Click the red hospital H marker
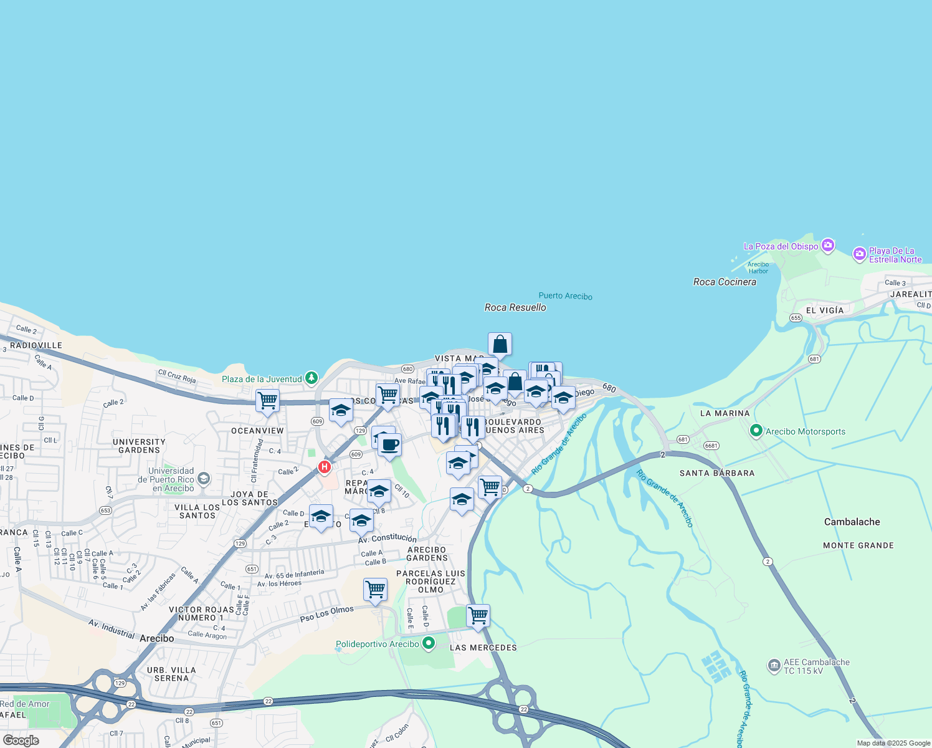click(324, 467)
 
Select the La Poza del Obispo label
click(781, 246)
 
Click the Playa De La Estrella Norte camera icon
click(860, 254)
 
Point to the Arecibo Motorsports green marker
click(756, 431)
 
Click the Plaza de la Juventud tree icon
click(311, 378)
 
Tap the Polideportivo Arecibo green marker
click(428, 643)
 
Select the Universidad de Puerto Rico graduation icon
click(203, 479)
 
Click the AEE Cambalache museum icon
click(774, 666)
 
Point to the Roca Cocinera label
click(725, 282)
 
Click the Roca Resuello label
click(515, 307)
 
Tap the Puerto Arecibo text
click(565, 296)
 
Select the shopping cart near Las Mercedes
click(478, 615)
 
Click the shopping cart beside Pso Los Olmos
click(375, 589)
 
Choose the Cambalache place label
click(852, 522)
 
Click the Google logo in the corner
click(21, 740)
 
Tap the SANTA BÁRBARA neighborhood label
click(716, 473)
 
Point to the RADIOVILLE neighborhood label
click(36, 345)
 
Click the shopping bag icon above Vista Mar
click(500, 343)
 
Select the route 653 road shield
click(105, 511)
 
